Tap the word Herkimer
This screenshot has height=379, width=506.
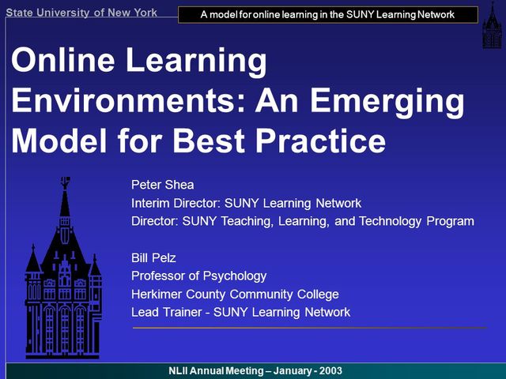click(158, 294)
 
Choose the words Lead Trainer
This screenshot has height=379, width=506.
click(167, 312)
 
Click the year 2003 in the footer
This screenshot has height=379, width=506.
click(329, 371)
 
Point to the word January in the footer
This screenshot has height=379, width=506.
click(286, 371)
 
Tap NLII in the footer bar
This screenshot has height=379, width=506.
click(180, 371)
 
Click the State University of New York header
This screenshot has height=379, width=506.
click(81, 12)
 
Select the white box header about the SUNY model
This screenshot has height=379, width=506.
click(327, 14)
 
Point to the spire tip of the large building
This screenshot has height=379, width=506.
click(64, 180)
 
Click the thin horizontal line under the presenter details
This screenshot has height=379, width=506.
click(308, 327)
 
